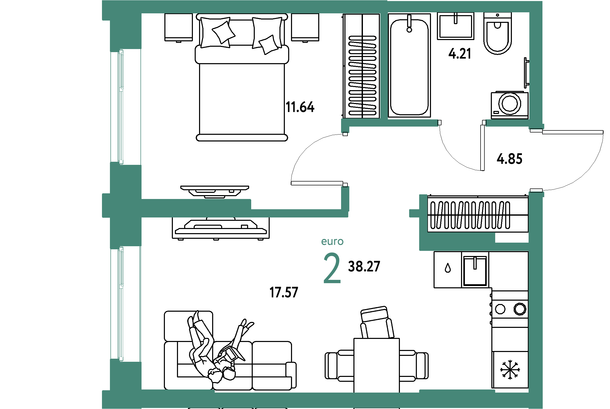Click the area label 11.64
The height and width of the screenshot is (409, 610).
[x=300, y=107]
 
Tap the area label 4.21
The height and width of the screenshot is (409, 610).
[x=460, y=54]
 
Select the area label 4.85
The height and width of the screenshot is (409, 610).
[x=509, y=159]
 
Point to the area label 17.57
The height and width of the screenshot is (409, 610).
[x=284, y=292]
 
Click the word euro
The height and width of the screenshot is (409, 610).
[x=332, y=242]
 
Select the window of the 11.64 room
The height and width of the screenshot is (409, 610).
[x=121, y=107]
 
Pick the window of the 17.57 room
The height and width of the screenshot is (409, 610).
[x=121, y=304]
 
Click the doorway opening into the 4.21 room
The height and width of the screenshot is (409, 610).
[x=462, y=123]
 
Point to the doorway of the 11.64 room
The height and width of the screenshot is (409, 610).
[x=345, y=160]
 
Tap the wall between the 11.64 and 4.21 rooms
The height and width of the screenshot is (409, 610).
[x=384, y=65]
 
